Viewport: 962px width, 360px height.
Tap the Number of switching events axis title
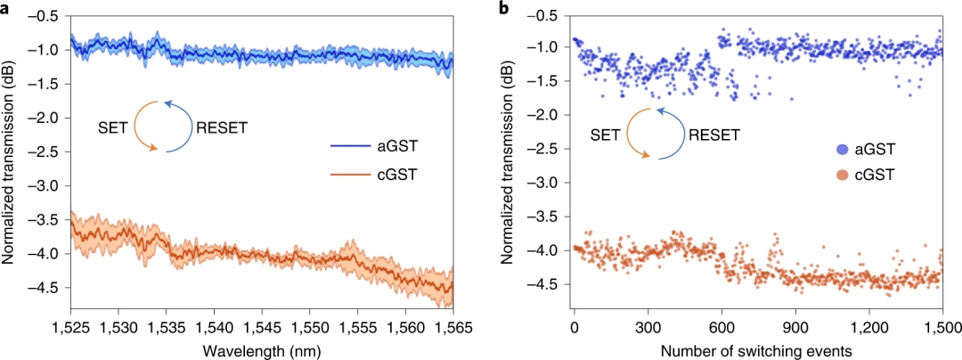coord(756,350)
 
